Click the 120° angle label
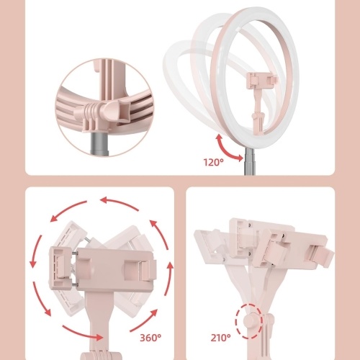coord(213,163)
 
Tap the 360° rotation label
coord(150,338)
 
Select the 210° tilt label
coord(220,338)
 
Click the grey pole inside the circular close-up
coord(99,143)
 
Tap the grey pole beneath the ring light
coord(250,161)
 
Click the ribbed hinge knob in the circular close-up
coord(91,113)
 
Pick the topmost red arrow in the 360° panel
coord(119,203)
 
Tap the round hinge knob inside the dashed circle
coord(251,322)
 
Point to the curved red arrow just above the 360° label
coord(144,320)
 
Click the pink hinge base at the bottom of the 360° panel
coord(101,356)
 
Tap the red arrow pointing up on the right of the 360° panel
coord(168,279)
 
